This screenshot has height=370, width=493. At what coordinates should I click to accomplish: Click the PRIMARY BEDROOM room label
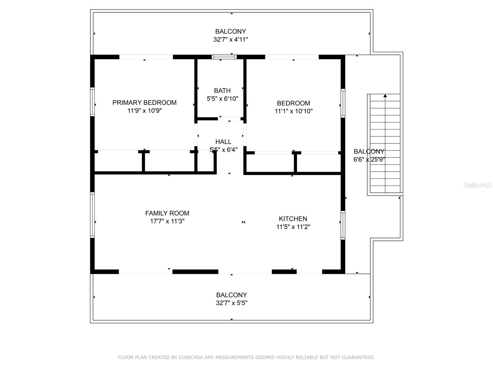point(145,103)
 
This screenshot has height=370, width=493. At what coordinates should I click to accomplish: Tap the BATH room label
point(222,91)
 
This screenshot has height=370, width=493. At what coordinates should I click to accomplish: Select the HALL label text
point(223,142)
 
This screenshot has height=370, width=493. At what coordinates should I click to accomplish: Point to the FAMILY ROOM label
point(167,213)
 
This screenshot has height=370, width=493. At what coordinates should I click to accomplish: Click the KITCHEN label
point(293,219)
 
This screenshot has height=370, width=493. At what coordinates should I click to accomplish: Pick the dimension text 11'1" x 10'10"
point(294,111)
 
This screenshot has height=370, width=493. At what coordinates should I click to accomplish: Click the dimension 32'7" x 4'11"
point(230,39)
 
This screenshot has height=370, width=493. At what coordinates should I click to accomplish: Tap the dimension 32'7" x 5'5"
point(231,303)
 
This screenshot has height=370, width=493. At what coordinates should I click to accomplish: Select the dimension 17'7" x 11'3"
point(167,221)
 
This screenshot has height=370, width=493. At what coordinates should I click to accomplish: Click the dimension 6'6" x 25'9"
point(369,159)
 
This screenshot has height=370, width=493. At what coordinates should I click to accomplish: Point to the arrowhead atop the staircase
point(385,96)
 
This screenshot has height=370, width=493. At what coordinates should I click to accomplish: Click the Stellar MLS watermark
point(478,185)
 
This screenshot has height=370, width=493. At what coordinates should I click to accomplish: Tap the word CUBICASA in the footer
point(191,357)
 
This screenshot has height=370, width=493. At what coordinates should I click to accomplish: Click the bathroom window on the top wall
point(224,57)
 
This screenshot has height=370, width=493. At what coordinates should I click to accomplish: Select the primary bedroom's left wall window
point(92,102)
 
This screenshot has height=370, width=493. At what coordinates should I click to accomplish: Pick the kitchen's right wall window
point(343,225)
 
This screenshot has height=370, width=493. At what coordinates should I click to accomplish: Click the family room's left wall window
point(92,215)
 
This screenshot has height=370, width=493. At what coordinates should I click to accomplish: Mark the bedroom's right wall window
point(343,103)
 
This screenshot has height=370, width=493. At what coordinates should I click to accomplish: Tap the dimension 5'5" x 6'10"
point(222,99)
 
